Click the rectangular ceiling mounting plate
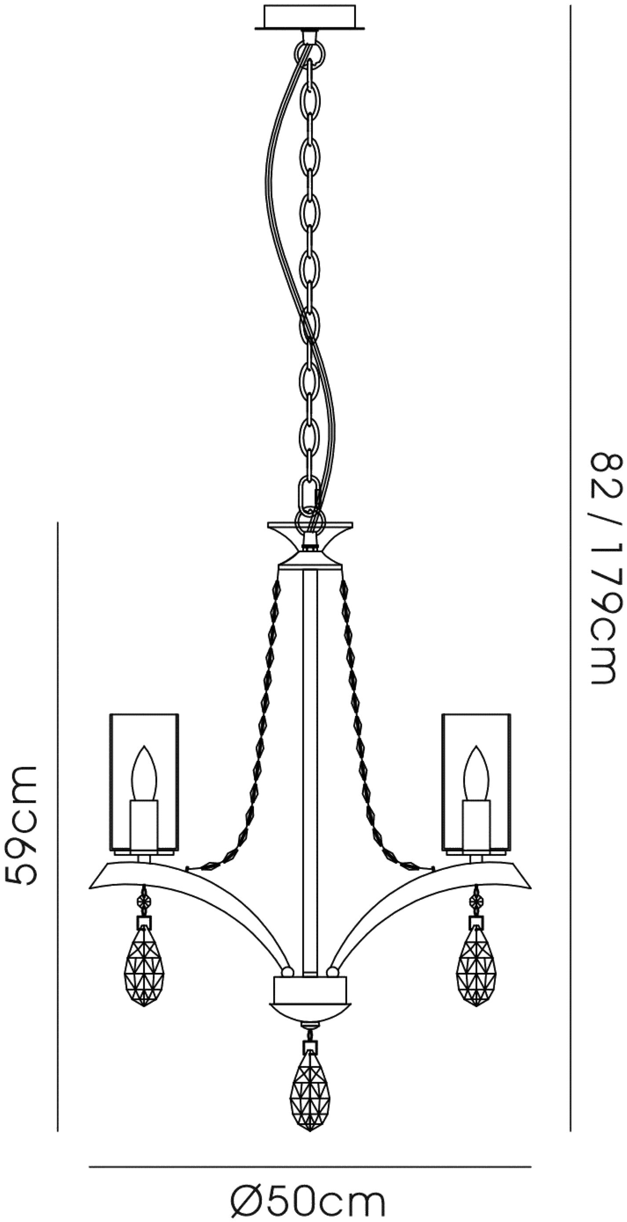(310, 18)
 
